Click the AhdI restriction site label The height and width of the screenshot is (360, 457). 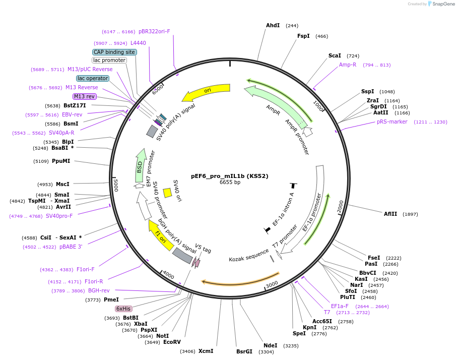click(273, 25)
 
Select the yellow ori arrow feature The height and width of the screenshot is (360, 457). click(207, 91)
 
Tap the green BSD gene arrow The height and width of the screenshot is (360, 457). click(141, 165)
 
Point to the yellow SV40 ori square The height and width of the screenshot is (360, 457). click(167, 193)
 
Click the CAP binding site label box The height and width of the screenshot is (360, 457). click(114, 52)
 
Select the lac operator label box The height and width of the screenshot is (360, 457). click(93, 78)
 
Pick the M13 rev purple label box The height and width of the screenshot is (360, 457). click(84, 96)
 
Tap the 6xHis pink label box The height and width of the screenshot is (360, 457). click(123, 309)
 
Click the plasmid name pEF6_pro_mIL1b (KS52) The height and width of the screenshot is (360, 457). click(230, 176)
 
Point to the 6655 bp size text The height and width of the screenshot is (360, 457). click(230, 183)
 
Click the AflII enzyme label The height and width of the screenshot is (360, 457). click(390, 214)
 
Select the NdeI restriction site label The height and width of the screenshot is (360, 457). click(271, 345)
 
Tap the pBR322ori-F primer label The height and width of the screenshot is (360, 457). click(154, 31)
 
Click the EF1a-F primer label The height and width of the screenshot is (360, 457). click(340, 306)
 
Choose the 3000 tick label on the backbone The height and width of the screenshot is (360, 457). click(272, 284)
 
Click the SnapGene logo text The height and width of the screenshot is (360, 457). click(443, 4)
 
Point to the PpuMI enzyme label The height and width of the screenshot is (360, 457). click(61, 161)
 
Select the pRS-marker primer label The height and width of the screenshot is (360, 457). click(392, 122)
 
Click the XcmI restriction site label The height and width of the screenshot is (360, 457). click(206, 351)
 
